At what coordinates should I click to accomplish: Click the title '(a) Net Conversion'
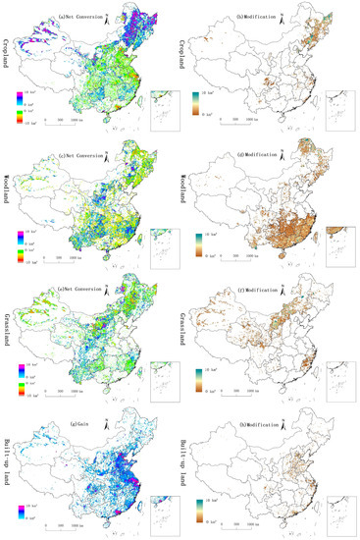[x=84, y=6]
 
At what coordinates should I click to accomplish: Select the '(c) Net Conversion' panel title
[x=84, y=141]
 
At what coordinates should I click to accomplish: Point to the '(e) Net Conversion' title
[x=84, y=277]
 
